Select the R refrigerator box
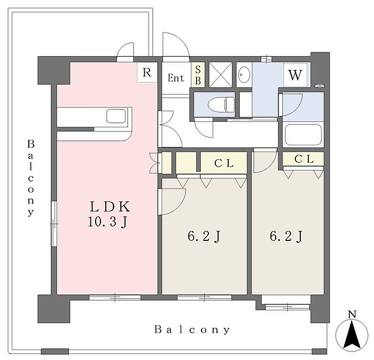click(147, 73)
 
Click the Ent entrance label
click(176, 78)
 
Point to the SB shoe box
click(198, 75)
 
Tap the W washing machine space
click(295, 75)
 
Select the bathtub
click(303, 135)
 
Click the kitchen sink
click(116, 116)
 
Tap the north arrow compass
click(351, 334)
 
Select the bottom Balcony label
click(192, 330)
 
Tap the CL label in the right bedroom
click(303, 159)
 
